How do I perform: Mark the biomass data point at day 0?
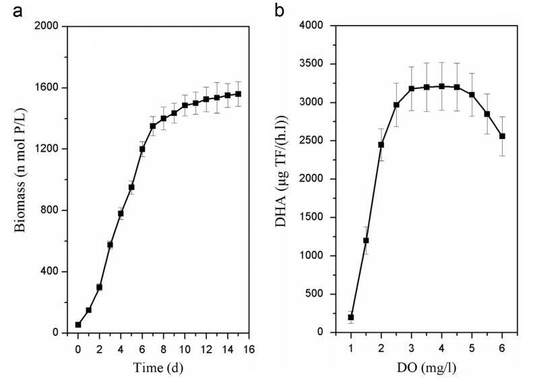78,324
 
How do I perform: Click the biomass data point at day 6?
142,148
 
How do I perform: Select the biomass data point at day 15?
239,94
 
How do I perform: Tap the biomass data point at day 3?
110,245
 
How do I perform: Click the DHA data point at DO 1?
351,317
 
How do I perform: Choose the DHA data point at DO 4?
442,86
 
